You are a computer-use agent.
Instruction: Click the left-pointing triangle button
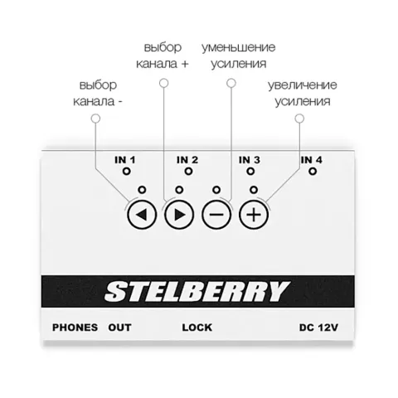point(142,215)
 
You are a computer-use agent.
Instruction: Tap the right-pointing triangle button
point(179,215)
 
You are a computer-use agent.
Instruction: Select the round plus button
point(254,215)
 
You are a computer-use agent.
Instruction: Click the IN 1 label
point(125,160)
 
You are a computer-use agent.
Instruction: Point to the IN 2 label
point(187,160)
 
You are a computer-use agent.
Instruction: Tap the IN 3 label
point(250,160)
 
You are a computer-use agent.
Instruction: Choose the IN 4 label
point(312,160)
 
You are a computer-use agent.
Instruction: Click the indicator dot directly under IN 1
point(127,172)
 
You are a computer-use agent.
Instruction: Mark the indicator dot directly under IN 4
point(313,172)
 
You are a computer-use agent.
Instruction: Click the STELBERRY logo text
point(197,291)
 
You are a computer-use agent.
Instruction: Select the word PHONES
point(75,328)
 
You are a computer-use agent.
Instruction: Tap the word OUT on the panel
point(119,328)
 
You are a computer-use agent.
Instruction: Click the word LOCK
point(197,328)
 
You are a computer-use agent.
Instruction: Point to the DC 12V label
point(318,328)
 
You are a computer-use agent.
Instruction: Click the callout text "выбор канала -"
point(98,93)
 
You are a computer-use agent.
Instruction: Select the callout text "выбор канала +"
point(163,56)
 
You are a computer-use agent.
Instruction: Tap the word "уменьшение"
point(239,47)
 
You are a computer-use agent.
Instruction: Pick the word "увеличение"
point(303,85)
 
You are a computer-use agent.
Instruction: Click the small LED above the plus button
point(254,190)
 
